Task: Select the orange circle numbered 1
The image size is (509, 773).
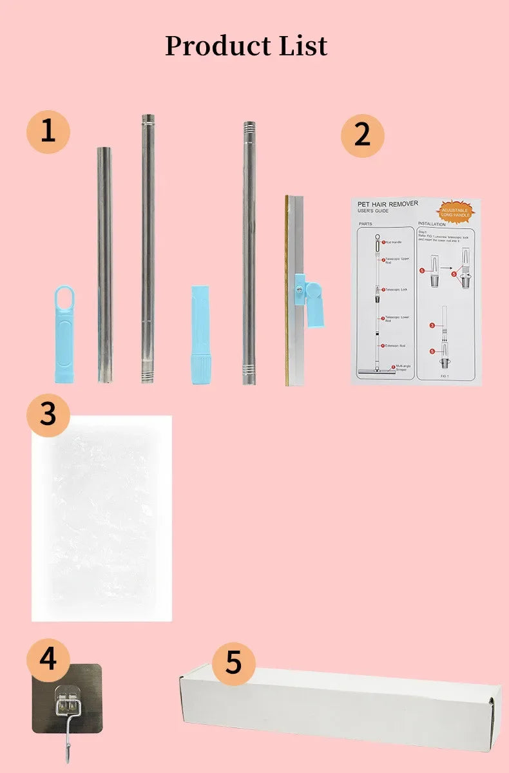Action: point(48,131)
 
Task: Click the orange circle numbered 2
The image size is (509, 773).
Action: point(362,135)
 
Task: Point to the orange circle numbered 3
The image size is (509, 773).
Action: point(48,414)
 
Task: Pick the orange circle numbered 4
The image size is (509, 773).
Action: point(48,660)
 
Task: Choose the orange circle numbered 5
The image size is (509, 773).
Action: point(233,662)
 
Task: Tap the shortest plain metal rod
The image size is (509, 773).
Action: point(104,265)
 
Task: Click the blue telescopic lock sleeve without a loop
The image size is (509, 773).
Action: point(200,335)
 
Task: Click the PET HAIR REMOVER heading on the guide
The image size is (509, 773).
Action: point(388,204)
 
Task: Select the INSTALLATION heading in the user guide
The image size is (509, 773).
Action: point(432,224)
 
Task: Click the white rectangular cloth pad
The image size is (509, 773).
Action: point(102,518)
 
